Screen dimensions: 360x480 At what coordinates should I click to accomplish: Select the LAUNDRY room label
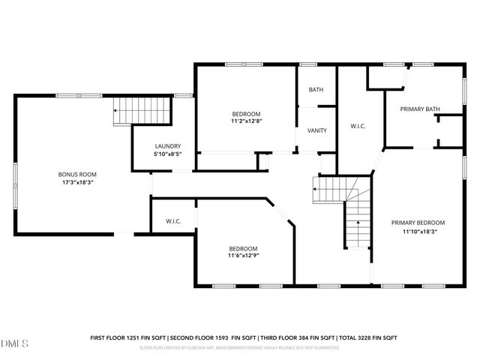(x=168, y=146)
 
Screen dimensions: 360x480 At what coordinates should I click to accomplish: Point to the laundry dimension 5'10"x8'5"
(x=168, y=154)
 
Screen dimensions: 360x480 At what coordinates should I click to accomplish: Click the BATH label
(x=316, y=90)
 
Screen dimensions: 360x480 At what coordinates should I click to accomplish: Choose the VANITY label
(x=316, y=130)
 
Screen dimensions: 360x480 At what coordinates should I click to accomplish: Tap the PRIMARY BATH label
(x=420, y=109)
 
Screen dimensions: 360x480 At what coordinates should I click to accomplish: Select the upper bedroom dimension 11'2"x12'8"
(x=246, y=121)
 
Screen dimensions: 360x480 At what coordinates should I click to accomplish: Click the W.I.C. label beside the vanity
(x=357, y=126)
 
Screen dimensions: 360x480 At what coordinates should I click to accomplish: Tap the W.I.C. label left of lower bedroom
(x=174, y=222)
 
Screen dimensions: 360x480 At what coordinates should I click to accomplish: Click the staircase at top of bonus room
(x=142, y=111)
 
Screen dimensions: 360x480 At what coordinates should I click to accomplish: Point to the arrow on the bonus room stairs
(x=117, y=111)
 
